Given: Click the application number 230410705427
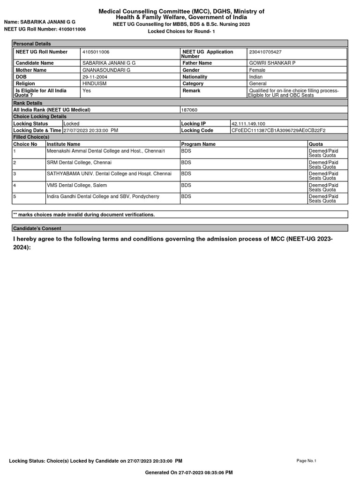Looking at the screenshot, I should (265, 52).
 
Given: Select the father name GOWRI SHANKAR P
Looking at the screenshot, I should (272, 63).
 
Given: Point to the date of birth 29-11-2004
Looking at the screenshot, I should (95, 77).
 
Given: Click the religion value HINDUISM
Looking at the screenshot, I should (94, 83).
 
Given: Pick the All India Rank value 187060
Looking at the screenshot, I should (189, 110).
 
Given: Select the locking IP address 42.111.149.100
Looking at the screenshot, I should (248, 124).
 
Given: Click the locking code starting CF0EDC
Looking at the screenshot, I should (278, 130).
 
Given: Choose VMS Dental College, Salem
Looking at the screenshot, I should (77, 185).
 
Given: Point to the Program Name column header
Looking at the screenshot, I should (198, 144).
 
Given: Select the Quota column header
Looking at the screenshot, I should (316, 144).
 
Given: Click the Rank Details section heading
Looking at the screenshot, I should (28, 103).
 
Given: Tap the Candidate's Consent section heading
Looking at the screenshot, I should (37, 228).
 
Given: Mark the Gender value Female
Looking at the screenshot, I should (257, 70).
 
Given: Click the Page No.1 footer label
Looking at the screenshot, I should (307, 461).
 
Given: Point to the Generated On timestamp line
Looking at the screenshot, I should (189, 472).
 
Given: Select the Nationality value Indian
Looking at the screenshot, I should (256, 77).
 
